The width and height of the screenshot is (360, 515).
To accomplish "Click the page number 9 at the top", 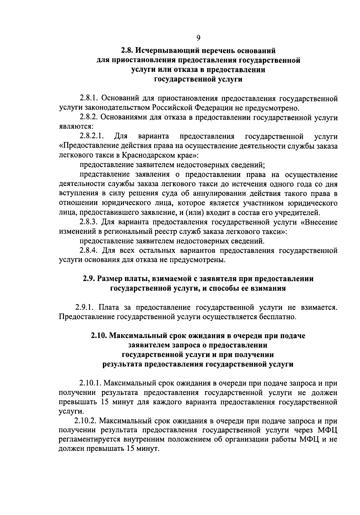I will [198, 38].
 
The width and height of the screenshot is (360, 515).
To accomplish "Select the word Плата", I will [109, 307].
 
